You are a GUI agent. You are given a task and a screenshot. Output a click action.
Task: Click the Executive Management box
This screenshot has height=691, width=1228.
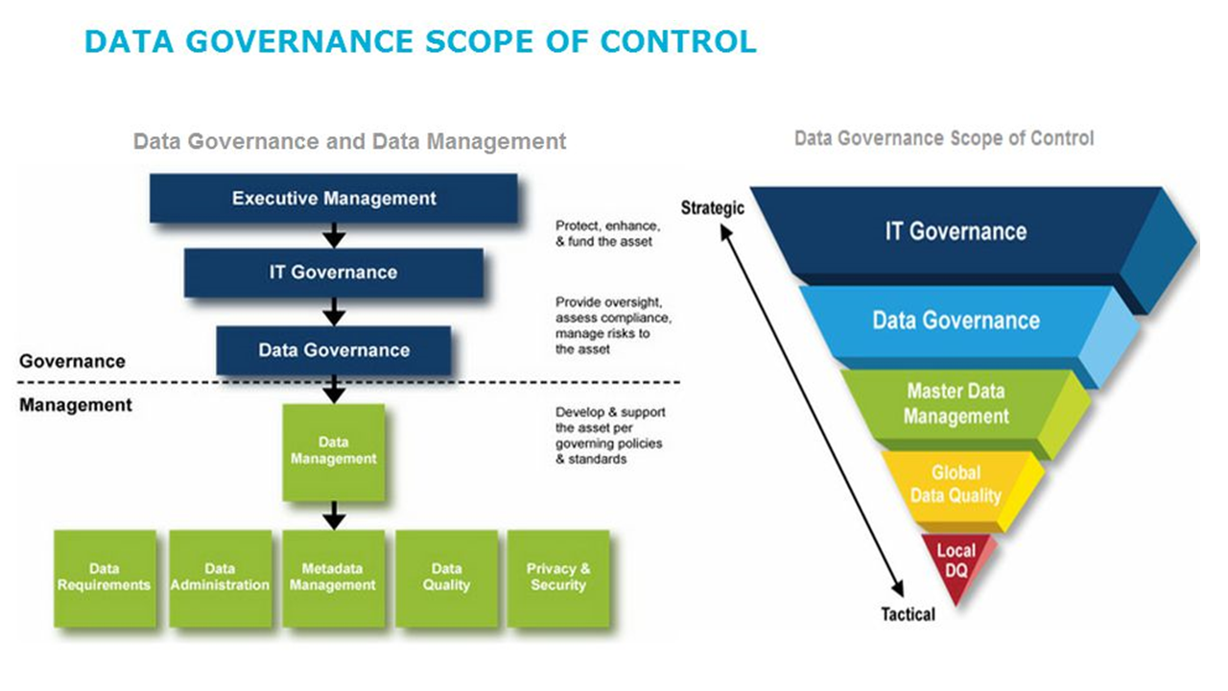coord(334,199)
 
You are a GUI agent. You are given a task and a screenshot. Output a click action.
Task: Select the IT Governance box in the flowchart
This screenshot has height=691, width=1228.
coord(333,273)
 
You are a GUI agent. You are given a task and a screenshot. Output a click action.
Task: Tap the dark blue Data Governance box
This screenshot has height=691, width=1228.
coord(333,350)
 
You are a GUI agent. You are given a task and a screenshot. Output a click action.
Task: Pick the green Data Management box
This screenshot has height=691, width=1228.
coord(334,451)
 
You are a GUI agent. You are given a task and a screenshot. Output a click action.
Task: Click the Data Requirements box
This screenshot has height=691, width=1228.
coord(105,578)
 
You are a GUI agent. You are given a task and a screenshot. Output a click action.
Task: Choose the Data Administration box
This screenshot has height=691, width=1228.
coord(220,578)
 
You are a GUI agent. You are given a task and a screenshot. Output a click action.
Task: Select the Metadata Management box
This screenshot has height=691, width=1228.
coord(333,578)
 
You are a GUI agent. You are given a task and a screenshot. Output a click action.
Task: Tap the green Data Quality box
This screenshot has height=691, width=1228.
coord(446,578)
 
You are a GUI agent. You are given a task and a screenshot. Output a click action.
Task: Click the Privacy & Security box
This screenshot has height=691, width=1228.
coord(557,578)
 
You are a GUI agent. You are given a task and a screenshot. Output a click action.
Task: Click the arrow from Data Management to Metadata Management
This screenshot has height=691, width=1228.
coord(334,516)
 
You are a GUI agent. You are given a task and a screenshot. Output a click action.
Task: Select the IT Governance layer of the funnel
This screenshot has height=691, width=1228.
coord(956,231)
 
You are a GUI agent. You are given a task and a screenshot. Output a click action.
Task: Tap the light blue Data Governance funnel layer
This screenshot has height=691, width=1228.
coord(956,321)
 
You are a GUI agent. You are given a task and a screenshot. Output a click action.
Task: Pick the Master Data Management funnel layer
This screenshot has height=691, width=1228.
coord(956,404)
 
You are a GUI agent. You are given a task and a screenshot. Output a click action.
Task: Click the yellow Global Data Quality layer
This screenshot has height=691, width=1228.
coord(956,485)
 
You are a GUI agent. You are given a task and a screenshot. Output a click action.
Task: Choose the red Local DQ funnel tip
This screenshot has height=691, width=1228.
coord(956,560)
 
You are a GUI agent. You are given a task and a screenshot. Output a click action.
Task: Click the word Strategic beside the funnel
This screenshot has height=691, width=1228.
coord(712,207)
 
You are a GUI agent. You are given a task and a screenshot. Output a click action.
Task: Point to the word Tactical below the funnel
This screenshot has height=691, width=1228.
coord(908,614)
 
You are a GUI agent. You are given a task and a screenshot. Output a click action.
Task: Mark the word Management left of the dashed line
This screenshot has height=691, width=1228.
coord(76,405)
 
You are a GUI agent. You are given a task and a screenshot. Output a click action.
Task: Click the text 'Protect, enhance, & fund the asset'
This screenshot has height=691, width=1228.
coord(604,233)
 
